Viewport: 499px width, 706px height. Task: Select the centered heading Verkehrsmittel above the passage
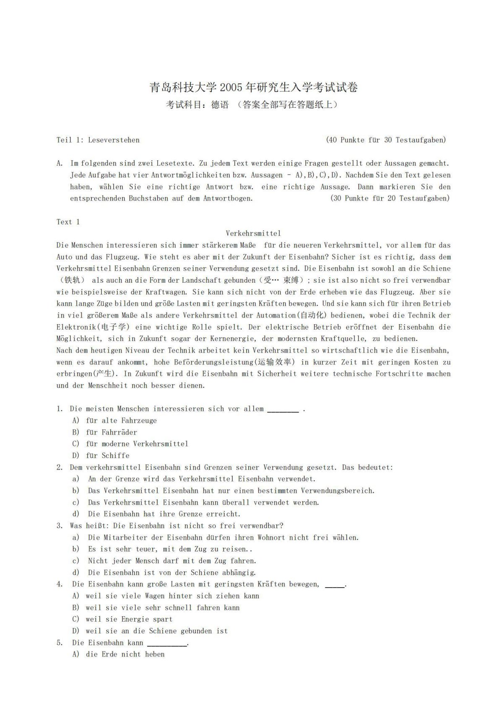253,233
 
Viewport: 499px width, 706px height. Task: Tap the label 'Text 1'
68,222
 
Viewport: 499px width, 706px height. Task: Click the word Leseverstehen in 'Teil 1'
114,140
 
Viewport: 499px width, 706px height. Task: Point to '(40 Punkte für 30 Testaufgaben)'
386,140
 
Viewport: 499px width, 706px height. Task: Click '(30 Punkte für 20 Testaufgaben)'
390,198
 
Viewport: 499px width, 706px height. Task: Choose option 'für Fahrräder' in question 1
112,432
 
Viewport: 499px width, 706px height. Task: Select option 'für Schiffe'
108,456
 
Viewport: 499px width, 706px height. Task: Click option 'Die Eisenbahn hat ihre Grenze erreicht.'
164,514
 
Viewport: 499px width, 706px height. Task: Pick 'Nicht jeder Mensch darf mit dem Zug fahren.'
172,561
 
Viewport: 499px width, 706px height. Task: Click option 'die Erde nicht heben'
125,654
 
